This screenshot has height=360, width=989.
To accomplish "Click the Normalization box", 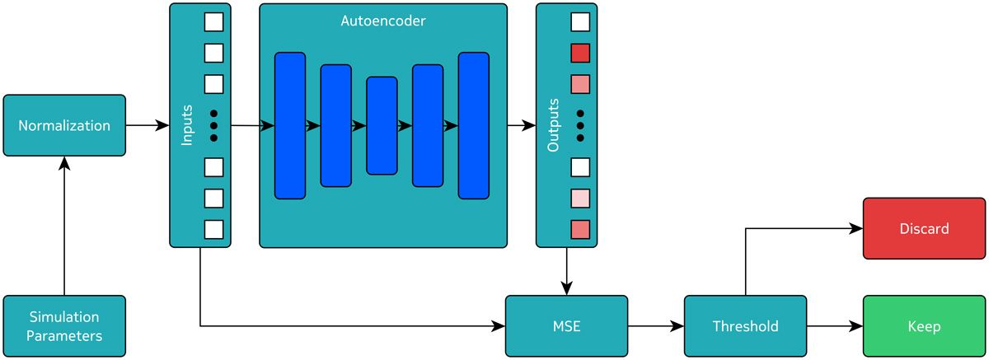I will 64,125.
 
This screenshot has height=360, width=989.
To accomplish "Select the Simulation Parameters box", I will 64,326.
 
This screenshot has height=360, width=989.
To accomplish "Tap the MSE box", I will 566,326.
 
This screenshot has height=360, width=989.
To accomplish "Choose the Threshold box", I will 745,326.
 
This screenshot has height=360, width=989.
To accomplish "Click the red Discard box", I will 924,228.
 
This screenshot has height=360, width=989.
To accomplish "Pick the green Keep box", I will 924,326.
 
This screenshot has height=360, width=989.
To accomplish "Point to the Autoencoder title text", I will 383,21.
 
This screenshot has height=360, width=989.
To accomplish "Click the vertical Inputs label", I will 187,125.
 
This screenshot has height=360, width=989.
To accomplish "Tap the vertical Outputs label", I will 554,125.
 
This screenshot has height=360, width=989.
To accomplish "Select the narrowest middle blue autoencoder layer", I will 382,125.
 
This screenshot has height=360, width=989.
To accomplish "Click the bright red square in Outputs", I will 580,54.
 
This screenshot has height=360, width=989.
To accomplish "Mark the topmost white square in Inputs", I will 213,22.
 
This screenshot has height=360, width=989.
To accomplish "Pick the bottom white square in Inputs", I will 213,229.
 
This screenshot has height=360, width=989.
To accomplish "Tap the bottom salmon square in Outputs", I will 580,229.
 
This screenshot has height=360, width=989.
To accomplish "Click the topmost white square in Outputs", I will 580,22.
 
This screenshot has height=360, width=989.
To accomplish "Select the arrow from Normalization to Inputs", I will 148,125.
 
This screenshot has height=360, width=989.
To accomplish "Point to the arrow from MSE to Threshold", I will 656,326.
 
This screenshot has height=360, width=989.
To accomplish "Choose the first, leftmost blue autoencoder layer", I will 290,125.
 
